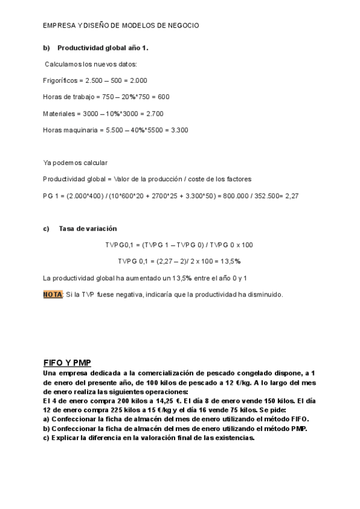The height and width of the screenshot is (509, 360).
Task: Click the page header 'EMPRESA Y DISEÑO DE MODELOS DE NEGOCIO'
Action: pyautogui.click(x=121, y=26)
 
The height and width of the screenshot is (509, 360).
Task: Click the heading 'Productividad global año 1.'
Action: pyautogui.click(x=103, y=47)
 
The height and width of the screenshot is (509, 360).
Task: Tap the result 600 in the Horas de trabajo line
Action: pyautogui.click(x=164, y=97)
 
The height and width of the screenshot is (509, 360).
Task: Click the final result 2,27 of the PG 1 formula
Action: pyautogui.click(x=292, y=196)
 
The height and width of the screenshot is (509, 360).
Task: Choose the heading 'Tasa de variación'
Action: pyautogui.click(x=88, y=229)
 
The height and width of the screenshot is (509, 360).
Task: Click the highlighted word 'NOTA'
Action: pyautogui.click(x=53, y=295)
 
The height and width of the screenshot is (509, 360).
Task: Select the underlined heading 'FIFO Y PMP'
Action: pyautogui.click(x=66, y=363)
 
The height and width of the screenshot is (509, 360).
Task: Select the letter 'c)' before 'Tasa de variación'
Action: pyautogui.click(x=46, y=229)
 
